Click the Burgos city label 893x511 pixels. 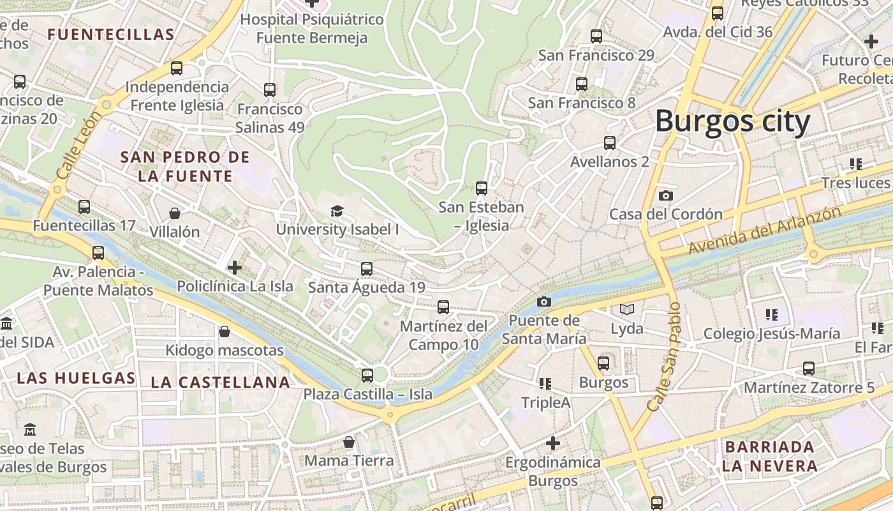[732, 121]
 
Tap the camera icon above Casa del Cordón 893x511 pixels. [665, 195]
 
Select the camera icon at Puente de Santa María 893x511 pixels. [543, 301]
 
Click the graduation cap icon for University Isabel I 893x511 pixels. [337, 211]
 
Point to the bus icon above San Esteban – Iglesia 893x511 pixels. [482, 188]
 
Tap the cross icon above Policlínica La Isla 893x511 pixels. [235, 268]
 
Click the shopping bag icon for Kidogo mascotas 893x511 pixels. [224, 332]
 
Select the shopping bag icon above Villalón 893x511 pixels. [175, 213]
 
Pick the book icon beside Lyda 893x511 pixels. [627, 310]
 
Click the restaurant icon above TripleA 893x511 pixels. [545, 383]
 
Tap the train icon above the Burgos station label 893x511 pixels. [603, 363]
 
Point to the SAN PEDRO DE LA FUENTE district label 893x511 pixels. [185, 166]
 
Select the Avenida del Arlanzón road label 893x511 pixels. [764, 230]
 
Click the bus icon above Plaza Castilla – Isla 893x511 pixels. [367, 376]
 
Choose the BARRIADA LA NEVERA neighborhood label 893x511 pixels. [770, 456]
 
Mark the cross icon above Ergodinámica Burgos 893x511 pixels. [553, 443]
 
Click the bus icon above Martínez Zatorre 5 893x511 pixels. [809, 369]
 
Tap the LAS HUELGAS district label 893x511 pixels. [77, 378]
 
